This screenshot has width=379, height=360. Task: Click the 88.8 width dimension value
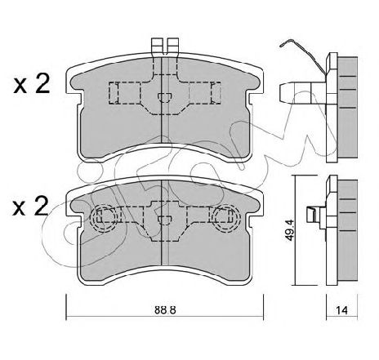[x=165, y=310]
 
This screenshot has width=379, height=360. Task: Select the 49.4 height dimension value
[x=291, y=230]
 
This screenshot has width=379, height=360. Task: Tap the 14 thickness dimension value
[x=341, y=310]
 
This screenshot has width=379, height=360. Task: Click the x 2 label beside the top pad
[x=32, y=84]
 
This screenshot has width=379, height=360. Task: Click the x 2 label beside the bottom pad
[x=30, y=207]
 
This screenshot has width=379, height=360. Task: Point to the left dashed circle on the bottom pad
[x=105, y=218]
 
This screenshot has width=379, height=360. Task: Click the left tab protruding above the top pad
[x=157, y=46]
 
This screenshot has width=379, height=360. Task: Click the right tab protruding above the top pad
[x=173, y=46]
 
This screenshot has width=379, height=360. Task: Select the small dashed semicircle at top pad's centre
[x=165, y=97]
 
